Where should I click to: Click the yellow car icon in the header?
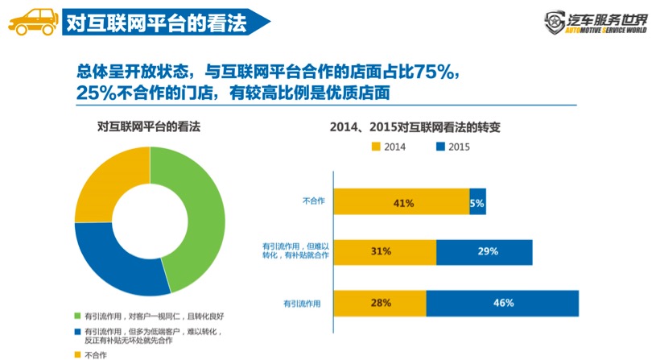click(x=31, y=20)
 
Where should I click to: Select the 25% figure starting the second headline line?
click(x=97, y=93)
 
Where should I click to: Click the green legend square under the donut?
click(x=77, y=315)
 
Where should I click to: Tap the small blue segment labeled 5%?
click(x=477, y=203)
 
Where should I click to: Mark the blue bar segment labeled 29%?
click(x=485, y=252)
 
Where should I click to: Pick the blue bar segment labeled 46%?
click(x=502, y=303)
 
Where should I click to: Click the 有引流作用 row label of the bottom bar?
click(x=303, y=304)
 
